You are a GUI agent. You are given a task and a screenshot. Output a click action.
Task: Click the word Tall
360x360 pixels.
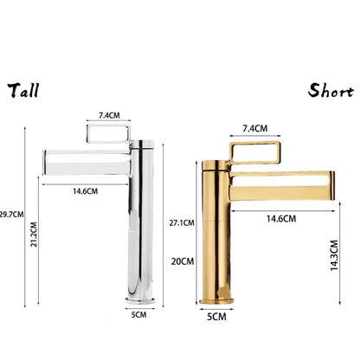25,90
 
